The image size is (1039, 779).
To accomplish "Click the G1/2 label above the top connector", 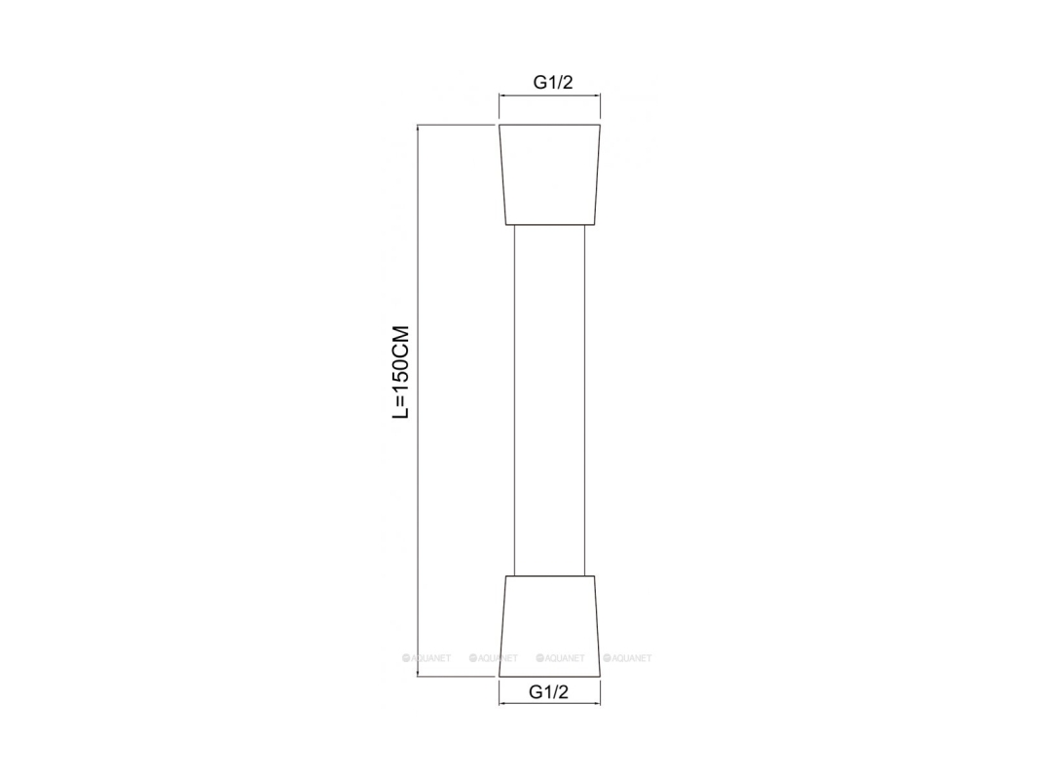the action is tap(553, 82).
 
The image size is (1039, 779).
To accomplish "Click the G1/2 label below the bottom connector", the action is tap(548, 692).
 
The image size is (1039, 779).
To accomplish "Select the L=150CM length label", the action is tap(401, 372).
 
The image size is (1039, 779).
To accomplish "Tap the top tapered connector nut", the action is tap(550, 175).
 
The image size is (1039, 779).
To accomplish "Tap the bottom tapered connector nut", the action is tap(550, 626).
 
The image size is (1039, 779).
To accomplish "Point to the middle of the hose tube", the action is tap(550, 401).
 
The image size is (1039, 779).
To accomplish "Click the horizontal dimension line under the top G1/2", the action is tap(550, 96).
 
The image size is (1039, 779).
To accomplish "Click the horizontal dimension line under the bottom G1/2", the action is tap(550, 703).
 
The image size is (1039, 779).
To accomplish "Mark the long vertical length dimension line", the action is tap(418, 401).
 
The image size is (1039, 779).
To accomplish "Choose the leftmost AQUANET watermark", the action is tap(427, 658).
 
